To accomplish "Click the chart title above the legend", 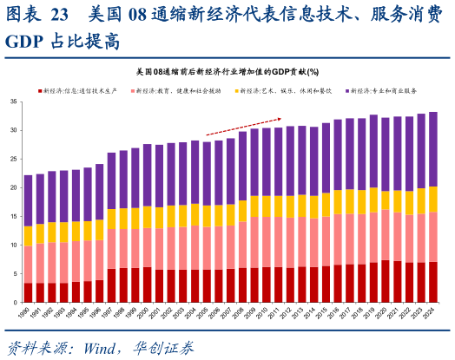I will pos(227,71).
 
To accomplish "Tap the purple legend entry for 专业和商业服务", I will pos(383,90).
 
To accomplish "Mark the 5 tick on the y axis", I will pos(16,273).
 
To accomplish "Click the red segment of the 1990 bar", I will pos(29,292).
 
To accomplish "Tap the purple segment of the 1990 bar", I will pos(29,200).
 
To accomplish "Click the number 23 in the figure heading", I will pos(60,15).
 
